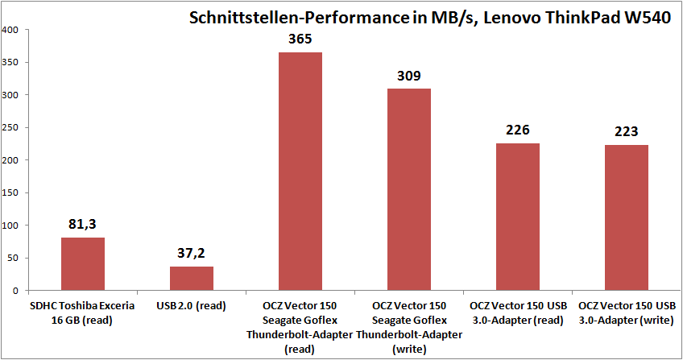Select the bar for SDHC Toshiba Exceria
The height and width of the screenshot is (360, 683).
(x=83, y=263)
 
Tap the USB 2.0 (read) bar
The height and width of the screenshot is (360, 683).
(x=192, y=278)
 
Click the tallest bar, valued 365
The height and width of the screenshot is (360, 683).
(x=300, y=171)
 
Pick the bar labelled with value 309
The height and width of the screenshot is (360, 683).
(x=409, y=189)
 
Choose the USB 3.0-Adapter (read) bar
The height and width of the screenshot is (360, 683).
(x=517, y=216)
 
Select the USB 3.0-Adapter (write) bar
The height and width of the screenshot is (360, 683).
(x=626, y=217)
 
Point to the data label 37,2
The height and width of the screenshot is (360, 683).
(x=192, y=254)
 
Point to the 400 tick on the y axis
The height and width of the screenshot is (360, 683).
(x=14, y=30)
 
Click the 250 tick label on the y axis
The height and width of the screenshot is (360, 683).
(x=14, y=127)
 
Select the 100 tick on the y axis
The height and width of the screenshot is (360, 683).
(x=14, y=225)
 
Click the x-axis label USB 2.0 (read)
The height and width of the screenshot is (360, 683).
(x=192, y=306)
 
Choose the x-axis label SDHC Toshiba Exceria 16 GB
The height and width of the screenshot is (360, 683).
(x=83, y=312)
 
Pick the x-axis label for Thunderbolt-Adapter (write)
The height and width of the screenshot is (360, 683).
(x=409, y=326)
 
